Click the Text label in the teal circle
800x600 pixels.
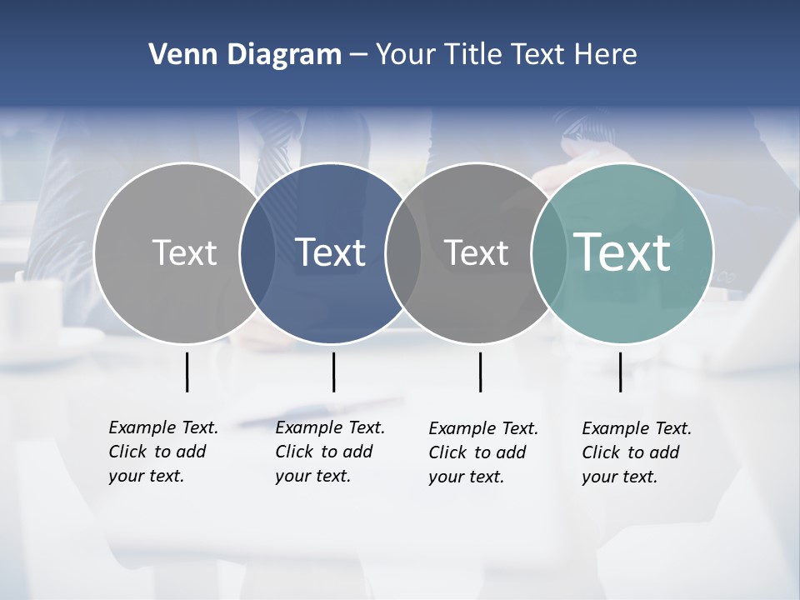(x=622, y=252)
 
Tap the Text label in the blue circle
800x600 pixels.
(x=331, y=252)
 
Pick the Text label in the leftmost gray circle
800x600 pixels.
(x=184, y=252)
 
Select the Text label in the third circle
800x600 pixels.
(x=476, y=253)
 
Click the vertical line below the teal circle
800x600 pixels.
(x=621, y=372)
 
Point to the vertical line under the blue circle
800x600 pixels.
(x=333, y=372)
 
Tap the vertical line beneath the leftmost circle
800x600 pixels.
(x=187, y=372)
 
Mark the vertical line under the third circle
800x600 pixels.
(x=481, y=372)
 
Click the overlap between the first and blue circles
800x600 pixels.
(x=257, y=253)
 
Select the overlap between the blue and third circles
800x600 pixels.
(x=403, y=253)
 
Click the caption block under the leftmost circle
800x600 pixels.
(x=162, y=452)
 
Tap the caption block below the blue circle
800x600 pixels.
(x=329, y=452)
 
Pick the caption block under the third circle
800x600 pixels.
(x=482, y=452)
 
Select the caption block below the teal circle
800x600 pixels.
(x=636, y=452)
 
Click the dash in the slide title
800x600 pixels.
(x=358, y=56)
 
